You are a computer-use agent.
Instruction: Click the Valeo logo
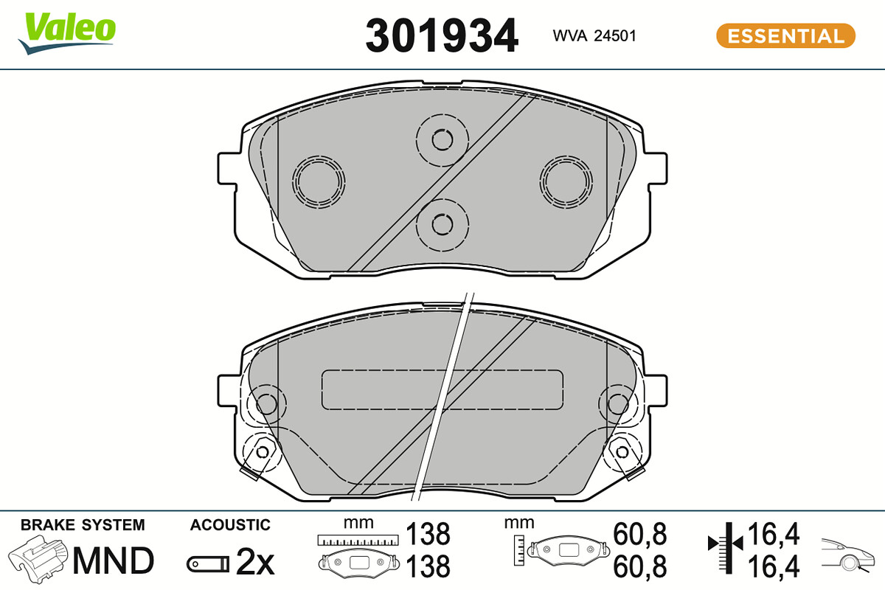[x=67, y=33]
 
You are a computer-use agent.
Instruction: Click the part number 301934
[x=441, y=36]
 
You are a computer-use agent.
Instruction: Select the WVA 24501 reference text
[x=594, y=36]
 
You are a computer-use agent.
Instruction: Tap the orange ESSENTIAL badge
[x=785, y=36]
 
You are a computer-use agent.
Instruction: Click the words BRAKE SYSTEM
[x=83, y=525]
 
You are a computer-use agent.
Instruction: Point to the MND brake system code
[x=113, y=560]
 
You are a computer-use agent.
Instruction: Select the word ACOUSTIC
[x=230, y=525]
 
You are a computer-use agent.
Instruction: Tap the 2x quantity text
[x=255, y=561]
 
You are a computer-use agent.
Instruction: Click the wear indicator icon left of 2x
[x=208, y=564]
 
